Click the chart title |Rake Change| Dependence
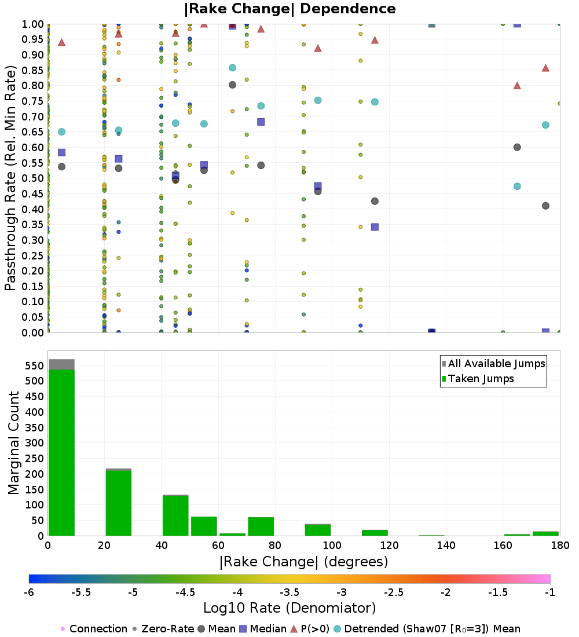[x=289, y=9]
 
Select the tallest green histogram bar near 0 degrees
[x=62, y=453]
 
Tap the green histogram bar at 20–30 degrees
[x=119, y=503]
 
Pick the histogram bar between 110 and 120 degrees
[x=375, y=533]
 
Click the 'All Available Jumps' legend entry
[x=493, y=364]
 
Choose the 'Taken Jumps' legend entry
[x=478, y=379]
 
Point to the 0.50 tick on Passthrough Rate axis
[x=32, y=178]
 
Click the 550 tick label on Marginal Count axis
[x=35, y=365]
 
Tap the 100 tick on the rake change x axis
[x=332, y=545]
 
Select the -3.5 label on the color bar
[x=291, y=592]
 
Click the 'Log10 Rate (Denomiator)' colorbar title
[x=289, y=608]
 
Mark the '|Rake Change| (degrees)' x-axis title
[x=304, y=562]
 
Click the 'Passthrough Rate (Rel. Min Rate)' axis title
[x=10, y=178]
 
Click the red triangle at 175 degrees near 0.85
[x=545, y=68]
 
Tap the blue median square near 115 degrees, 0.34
[x=375, y=227]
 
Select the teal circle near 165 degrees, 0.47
[x=517, y=186]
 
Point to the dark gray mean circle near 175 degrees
[x=545, y=206]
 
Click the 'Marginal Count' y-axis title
[x=13, y=443]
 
